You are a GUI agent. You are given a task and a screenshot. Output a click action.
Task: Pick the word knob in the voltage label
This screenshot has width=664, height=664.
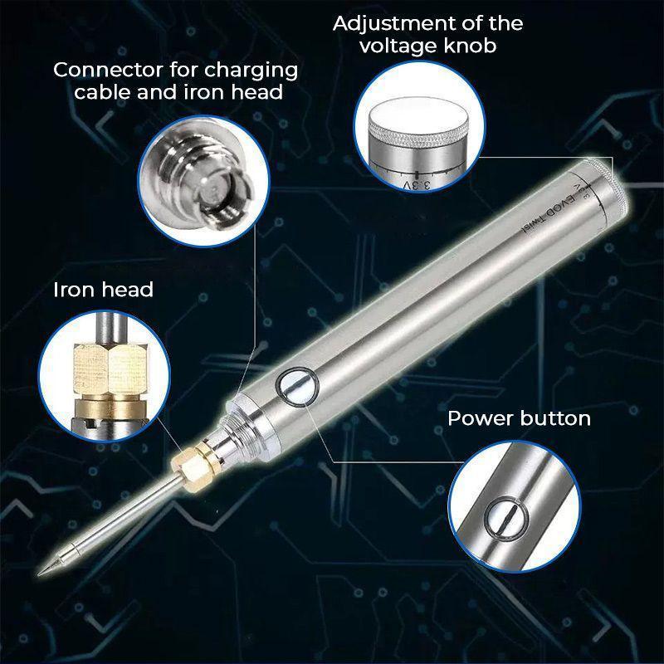pos(468,45)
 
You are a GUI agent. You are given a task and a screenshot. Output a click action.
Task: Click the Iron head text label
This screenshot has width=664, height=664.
pos(103,290)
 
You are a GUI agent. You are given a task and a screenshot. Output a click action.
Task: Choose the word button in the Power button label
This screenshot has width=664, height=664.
pos(554,417)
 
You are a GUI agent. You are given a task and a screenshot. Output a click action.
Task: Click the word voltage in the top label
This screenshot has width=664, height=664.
pos(395,45)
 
